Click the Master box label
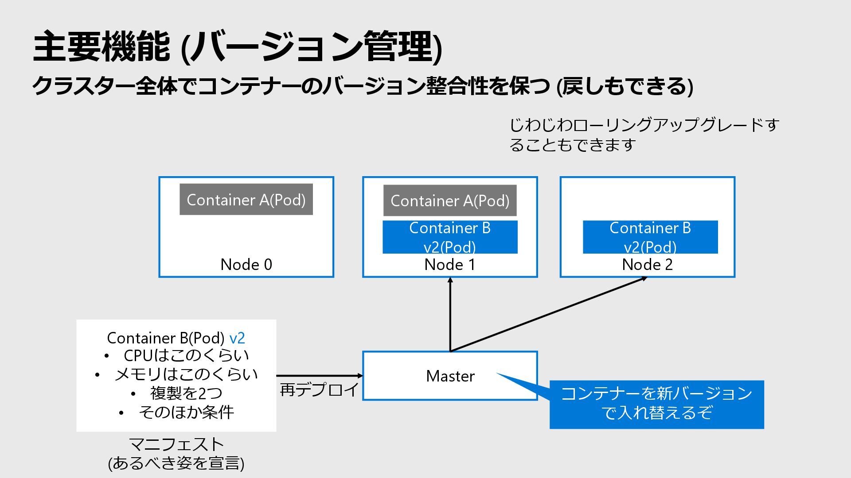tap(450, 376)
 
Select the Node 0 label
tap(246, 265)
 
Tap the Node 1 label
tap(450, 265)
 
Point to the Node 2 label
tap(647, 265)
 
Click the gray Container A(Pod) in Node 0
tap(246, 200)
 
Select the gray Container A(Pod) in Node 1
tap(450, 200)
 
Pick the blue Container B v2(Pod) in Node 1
tap(450, 237)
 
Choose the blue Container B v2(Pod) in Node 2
tap(650, 237)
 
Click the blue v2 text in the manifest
tap(237, 338)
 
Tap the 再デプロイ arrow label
tap(319, 390)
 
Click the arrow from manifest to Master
tap(320, 376)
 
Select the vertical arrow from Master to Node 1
tap(450, 314)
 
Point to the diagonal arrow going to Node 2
tap(549, 314)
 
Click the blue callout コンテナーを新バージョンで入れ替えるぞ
tap(657, 404)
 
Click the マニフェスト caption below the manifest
tap(176, 444)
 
